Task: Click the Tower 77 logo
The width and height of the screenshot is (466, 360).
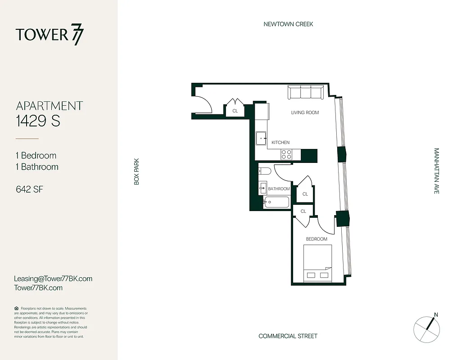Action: (x=50, y=35)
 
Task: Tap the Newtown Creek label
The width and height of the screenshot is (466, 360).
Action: (x=288, y=24)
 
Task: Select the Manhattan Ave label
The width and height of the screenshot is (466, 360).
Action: (x=436, y=171)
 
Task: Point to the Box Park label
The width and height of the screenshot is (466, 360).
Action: (x=137, y=171)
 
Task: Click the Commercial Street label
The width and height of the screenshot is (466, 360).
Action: (x=288, y=336)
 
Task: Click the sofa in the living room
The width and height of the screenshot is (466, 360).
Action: (x=306, y=92)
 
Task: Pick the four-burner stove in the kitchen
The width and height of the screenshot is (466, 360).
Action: (x=286, y=154)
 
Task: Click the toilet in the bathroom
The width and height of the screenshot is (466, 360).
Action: (x=264, y=171)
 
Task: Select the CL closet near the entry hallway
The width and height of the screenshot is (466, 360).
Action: (x=235, y=110)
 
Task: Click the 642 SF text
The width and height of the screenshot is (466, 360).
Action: (x=29, y=189)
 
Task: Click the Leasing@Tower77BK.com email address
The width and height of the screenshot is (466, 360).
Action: (x=54, y=279)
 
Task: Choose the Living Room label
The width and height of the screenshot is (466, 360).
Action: (x=305, y=112)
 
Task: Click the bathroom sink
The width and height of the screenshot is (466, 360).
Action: (x=263, y=188)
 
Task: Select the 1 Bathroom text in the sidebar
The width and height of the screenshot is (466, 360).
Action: (x=37, y=167)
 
